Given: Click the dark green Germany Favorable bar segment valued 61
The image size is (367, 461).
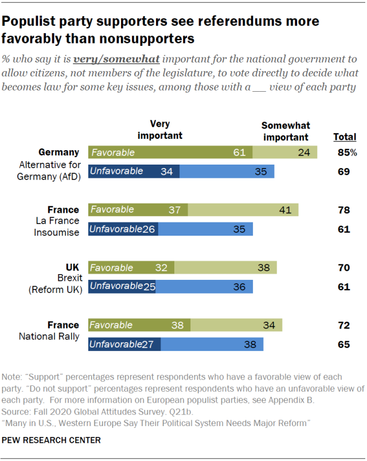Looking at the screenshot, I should (170, 153).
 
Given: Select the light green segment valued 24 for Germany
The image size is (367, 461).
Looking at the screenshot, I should (285, 153).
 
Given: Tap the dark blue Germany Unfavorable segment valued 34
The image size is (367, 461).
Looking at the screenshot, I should (134, 171).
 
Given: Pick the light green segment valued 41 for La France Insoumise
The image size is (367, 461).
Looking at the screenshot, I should (243, 209).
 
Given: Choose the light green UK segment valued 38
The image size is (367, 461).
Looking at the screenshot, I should (225, 268).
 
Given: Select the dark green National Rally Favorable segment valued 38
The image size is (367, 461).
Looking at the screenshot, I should (139, 325).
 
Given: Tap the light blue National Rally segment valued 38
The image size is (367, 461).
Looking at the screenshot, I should (212, 344).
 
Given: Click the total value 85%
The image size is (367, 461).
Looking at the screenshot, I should (346, 153).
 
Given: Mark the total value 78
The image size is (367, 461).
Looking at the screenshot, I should (343, 210).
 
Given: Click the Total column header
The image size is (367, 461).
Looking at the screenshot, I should (345, 137).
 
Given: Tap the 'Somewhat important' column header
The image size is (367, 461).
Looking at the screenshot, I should (285, 131).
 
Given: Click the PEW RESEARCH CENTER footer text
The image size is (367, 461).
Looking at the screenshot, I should (52, 440).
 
